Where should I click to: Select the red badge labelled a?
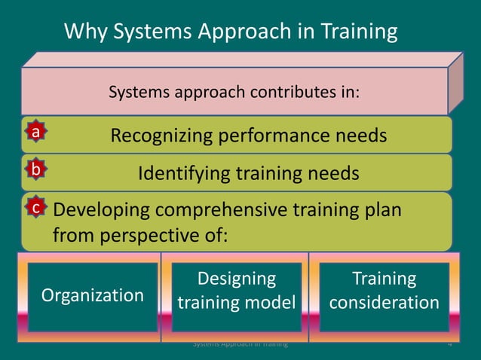35,132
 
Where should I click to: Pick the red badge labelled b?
35,170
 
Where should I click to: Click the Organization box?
93,296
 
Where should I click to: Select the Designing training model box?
237,291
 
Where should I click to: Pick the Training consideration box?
384,291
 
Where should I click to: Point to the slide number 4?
449,344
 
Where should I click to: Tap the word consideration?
384,303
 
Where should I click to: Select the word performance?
265,136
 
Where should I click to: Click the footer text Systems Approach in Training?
240,344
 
